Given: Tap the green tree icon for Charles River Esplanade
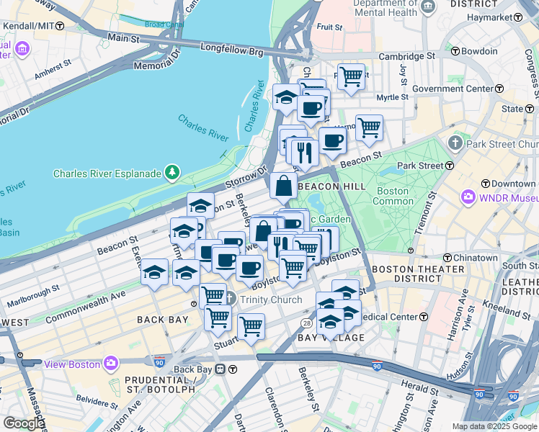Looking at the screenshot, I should tap(171, 172).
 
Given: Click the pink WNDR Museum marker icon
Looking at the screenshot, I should tap(468, 197).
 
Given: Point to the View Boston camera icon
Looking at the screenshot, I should tap(110, 364).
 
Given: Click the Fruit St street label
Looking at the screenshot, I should tap(329, 27).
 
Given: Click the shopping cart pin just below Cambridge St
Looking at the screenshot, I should tap(351, 76).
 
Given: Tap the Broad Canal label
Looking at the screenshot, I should tap(164, 24).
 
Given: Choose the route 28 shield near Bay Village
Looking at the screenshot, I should tap(306, 324).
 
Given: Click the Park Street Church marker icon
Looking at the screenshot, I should tap(455, 143).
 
